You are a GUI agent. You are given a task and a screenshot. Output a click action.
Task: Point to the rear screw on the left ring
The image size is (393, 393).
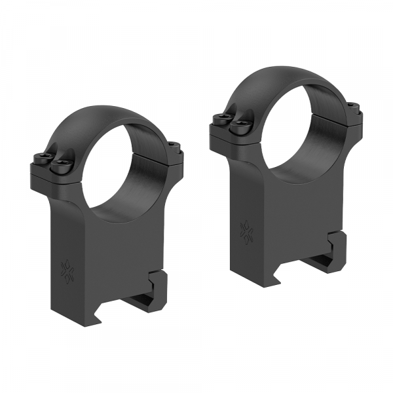[x=173, y=145]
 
